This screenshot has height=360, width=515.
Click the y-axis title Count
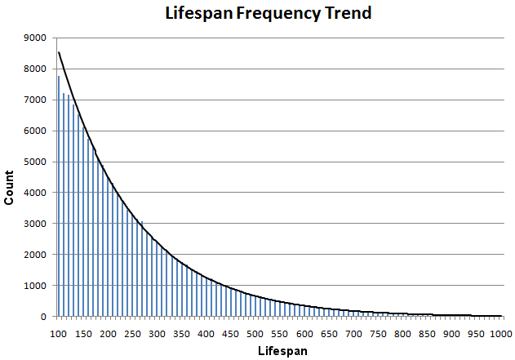pos(11,176)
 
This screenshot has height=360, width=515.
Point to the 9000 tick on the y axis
pos(36,38)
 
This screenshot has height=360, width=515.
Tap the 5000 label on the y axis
pos(36,162)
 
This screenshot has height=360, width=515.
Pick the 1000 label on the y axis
pos(36,286)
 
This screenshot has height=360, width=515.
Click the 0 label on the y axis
pos(43,317)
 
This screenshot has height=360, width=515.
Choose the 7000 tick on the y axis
pos(36,100)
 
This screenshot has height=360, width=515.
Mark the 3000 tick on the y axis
pos(36,224)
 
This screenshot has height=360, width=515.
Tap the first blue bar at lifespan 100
pos(58,196)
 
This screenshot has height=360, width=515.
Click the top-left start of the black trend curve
pos(59,53)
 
